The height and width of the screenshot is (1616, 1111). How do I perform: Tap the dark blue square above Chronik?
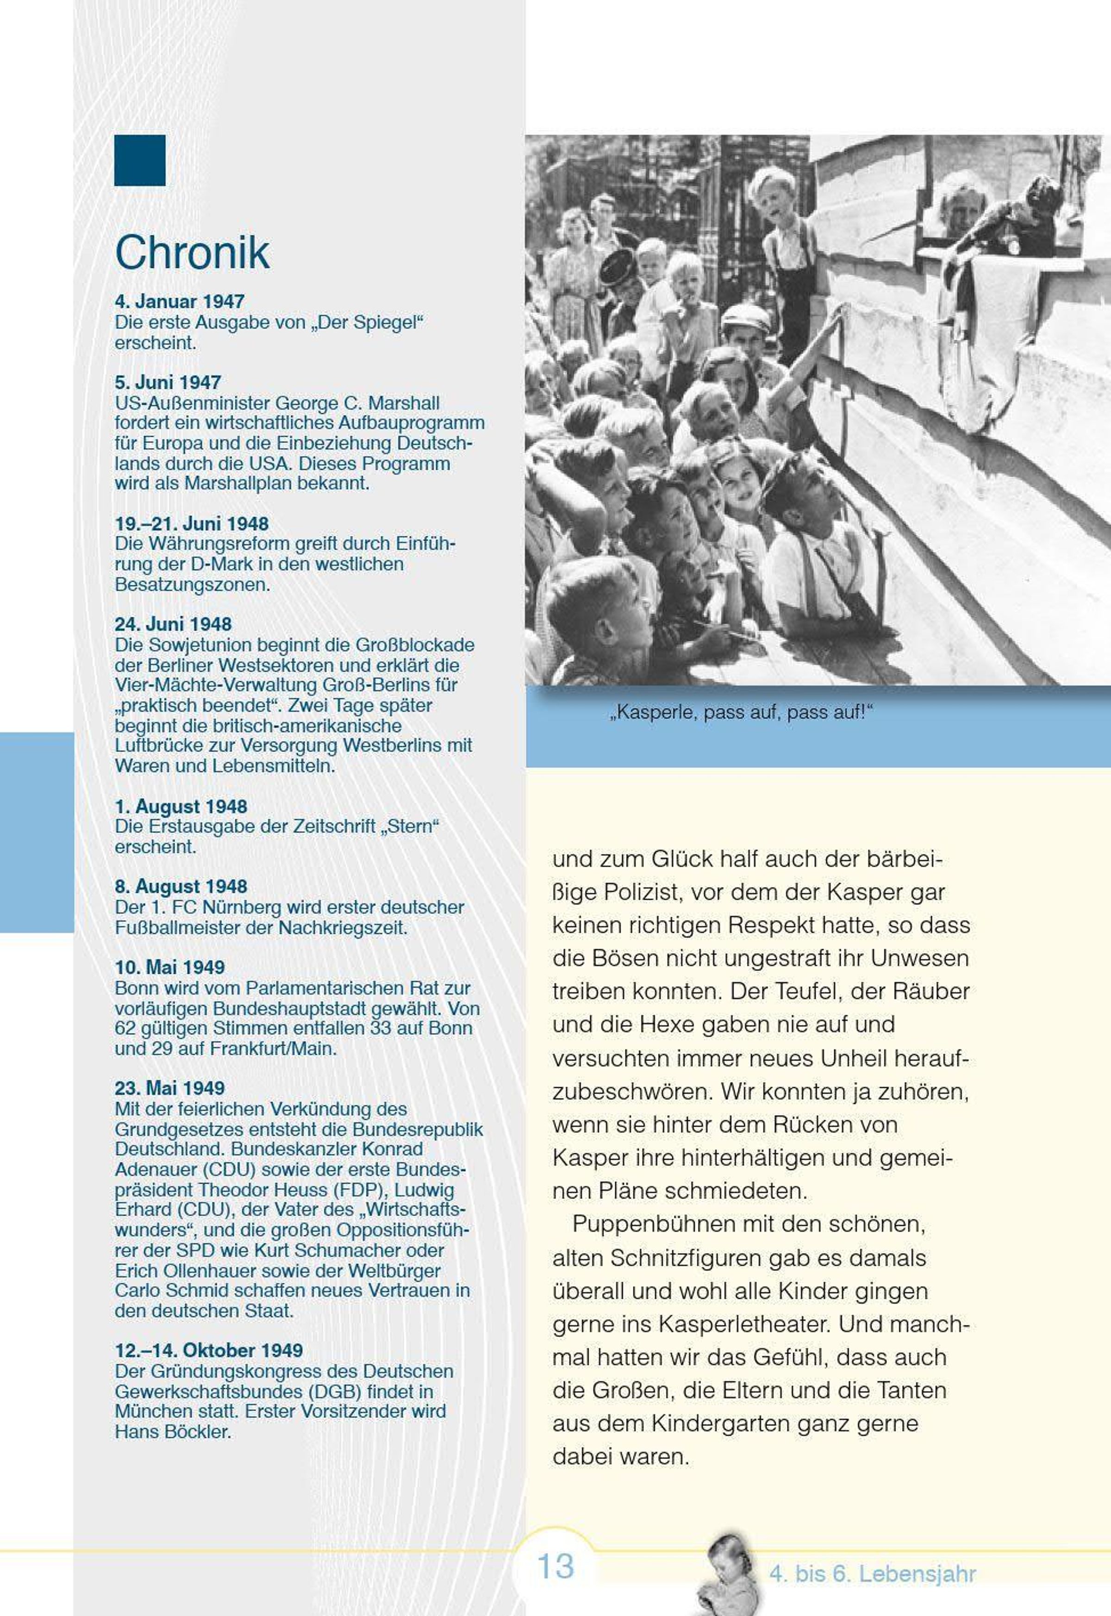[x=139, y=160]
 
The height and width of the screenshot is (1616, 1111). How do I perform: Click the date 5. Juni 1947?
[x=168, y=382]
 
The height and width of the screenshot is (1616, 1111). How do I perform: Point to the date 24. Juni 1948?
[x=173, y=623]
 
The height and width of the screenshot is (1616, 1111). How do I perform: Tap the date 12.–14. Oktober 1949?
[x=208, y=1350]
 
